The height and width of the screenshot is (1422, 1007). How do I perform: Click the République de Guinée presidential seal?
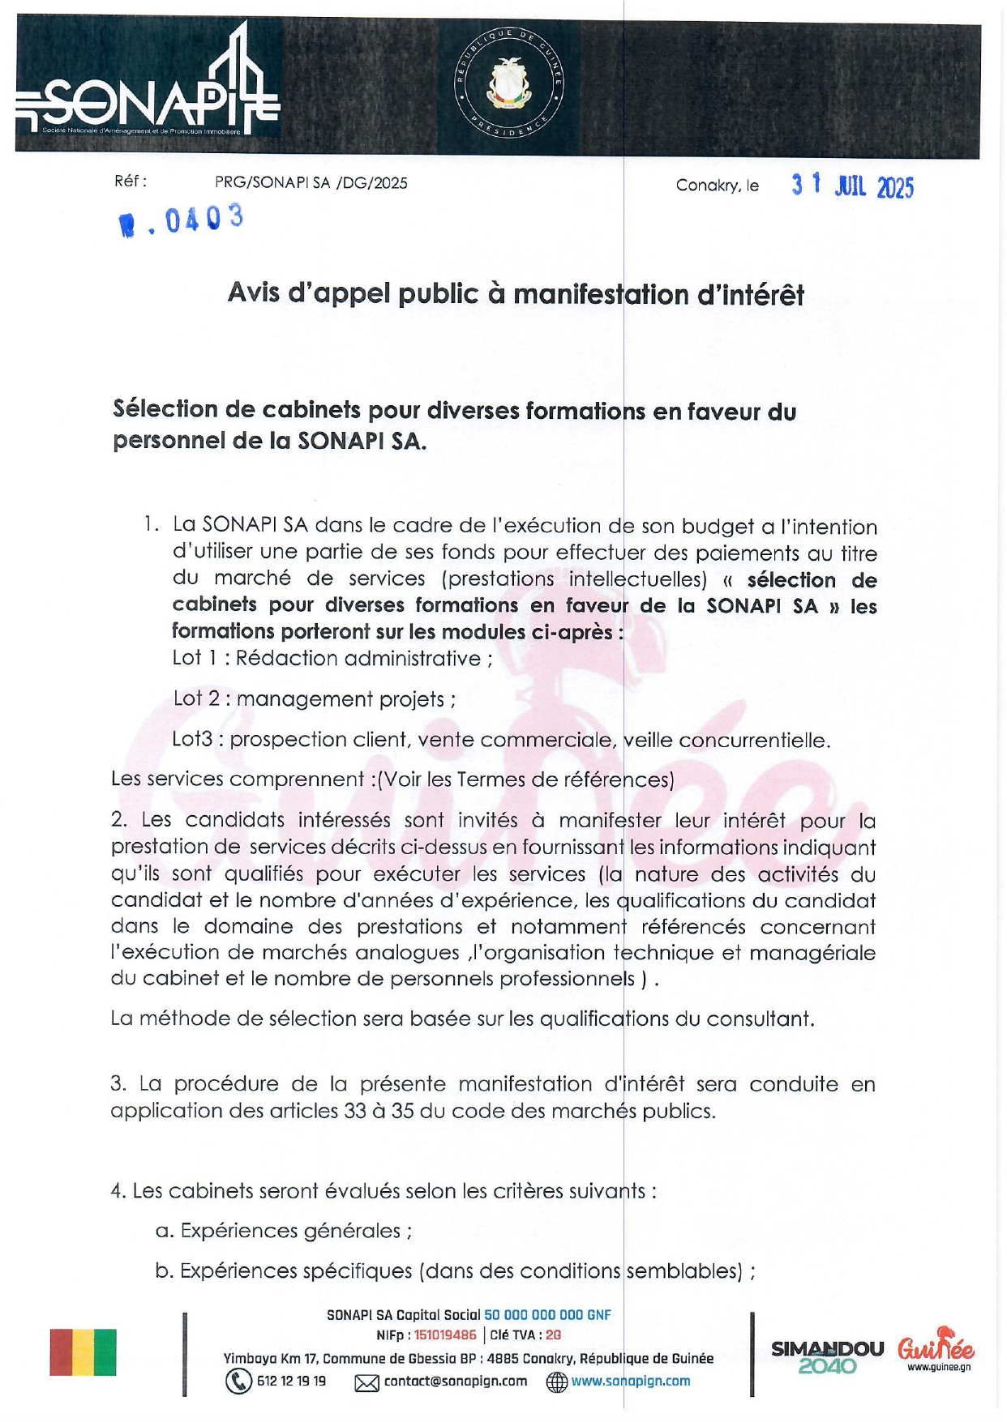pyautogui.click(x=509, y=85)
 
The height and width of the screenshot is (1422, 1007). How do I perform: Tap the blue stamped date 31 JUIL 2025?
pyautogui.click(x=852, y=186)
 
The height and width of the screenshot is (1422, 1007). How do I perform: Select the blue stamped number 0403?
pyautogui.click(x=182, y=220)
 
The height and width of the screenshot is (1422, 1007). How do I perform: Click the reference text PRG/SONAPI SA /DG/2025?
pyautogui.click(x=311, y=183)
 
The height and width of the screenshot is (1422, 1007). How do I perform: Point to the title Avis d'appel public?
pyautogui.click(x=516, y=293)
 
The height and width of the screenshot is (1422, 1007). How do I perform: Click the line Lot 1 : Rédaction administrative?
pyautogui.click(x=332, y=658)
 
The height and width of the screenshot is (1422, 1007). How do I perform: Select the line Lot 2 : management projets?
pyautogui.click(x=314, y=698)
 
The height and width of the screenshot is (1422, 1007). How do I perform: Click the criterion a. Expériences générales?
pyautogui.click(x=284, y=1231)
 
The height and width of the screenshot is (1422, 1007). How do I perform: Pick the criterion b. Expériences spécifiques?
pyautogui.click(x=455, y=1270)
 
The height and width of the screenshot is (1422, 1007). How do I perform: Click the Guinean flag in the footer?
pyautogui.click(x=83, y=1352)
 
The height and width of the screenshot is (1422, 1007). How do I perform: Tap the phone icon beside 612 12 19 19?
pyautogui.click(x=238, y=1381)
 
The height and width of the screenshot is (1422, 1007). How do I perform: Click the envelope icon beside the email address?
pyautogui.click(x=366, y=1382)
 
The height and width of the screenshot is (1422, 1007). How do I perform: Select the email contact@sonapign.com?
pyautogui.click(x=455, y=1381)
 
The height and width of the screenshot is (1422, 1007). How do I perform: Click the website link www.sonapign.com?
pyautogui.click(x=630, y=1381)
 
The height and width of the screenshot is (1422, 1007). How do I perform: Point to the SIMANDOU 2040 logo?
pyautogui.click(x=827, y=1356)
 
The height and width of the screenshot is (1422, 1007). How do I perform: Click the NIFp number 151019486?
pyautogui.click(x=445, y=1335)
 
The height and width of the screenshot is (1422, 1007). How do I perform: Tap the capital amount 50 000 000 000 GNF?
pyautogui.click(x=547, y=1315)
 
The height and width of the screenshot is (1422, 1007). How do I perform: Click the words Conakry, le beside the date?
pyautogui.click(x=717, y=186)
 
